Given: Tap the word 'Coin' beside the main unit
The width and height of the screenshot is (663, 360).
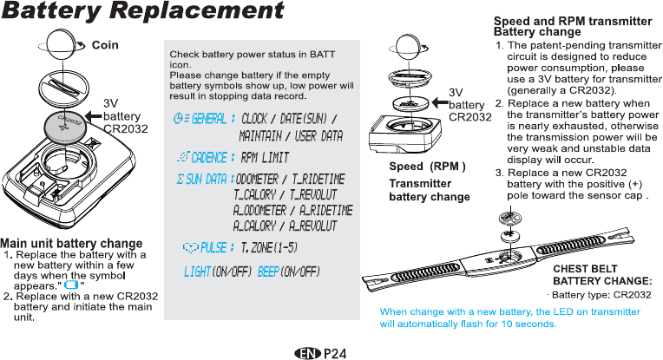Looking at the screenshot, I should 105,44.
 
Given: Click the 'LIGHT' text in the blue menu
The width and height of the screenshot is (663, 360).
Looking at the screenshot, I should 197,272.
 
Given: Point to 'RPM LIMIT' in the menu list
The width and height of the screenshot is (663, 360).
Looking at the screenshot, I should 265,158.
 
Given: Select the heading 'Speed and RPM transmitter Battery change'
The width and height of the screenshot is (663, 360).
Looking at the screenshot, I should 572,26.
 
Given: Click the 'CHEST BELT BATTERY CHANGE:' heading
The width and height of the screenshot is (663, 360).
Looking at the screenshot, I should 602,275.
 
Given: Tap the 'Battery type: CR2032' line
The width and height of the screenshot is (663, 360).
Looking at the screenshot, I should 599,295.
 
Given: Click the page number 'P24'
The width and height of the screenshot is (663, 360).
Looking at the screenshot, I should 336,353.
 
